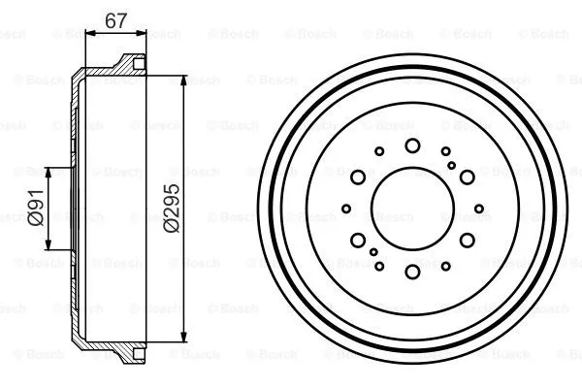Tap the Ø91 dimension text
(35, 210)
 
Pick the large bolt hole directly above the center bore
(412, 145)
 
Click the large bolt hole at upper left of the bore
(358, 177)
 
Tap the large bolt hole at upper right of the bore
(467, 177)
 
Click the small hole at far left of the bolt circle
(347, 209)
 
